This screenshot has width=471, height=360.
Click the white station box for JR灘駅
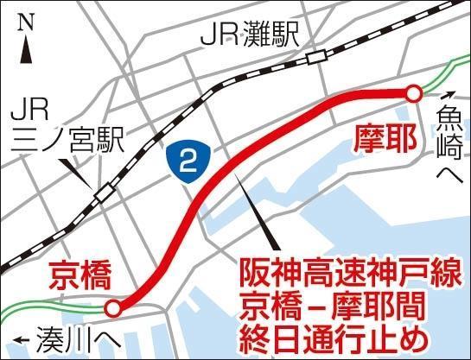coord(316,57)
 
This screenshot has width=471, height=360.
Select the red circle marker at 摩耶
coord(414,93)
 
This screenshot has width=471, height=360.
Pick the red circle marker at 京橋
coord(113,307)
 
